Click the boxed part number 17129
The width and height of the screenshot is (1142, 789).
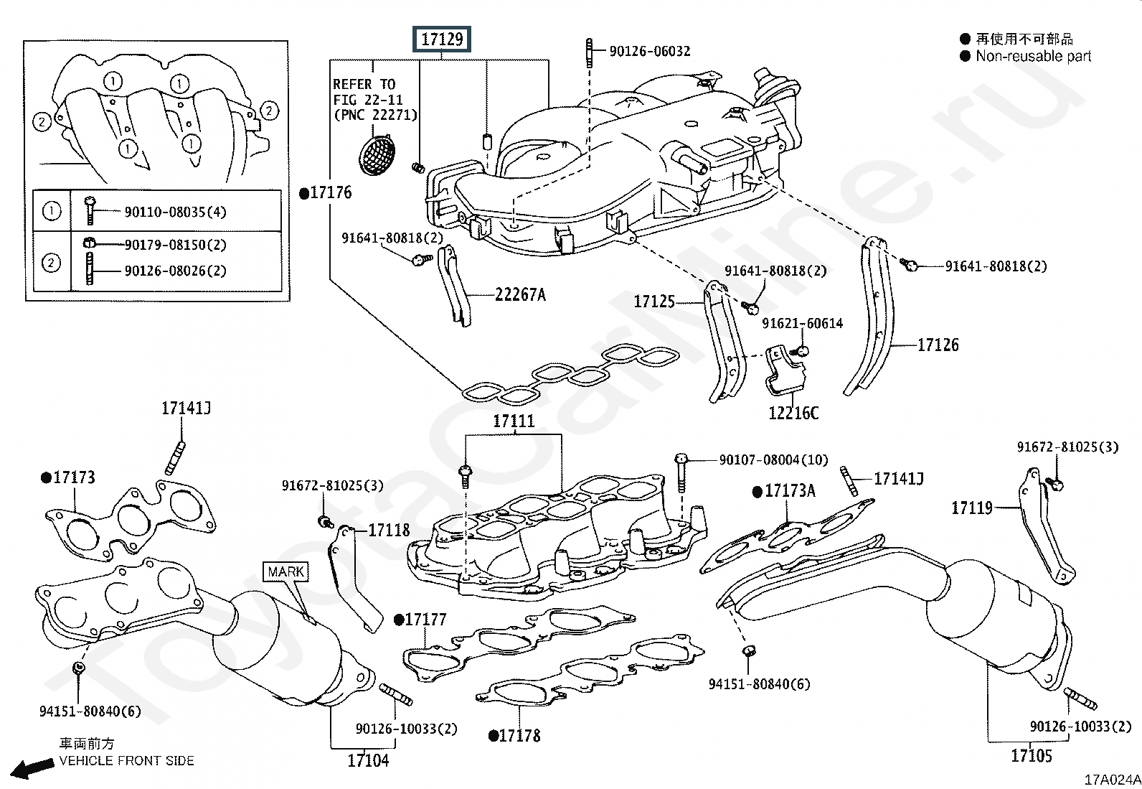coord(442,39)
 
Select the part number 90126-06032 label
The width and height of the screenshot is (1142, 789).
coord(649,51)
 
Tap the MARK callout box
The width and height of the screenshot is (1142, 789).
coord(285,571)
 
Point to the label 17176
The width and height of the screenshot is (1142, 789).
coord(331,192)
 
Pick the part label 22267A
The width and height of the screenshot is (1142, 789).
coord(520,294)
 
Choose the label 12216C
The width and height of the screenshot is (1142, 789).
coord(793,413)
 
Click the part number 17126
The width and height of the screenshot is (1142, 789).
coord(938,345)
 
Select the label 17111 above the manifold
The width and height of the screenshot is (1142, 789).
coord(514,421)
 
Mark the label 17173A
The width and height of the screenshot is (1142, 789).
coord(790,491)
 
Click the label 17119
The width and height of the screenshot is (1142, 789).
coord(971,508)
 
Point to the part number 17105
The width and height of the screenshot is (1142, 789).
coord(1032,755)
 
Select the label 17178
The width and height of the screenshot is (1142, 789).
coord(519,736)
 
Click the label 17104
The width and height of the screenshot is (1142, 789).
coord(368,760)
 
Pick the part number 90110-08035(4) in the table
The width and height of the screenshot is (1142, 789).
coord(175,212)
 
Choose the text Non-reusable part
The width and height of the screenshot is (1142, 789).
coord(1033,56)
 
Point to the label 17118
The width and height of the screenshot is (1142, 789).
coord(389,531)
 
